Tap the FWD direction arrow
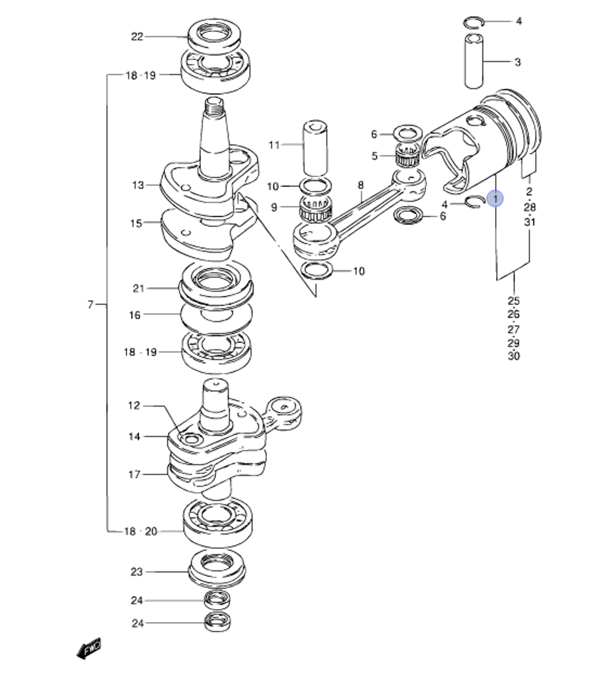click(x=89, y=648)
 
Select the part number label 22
click(x=137, y=37)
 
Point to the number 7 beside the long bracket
click(x=90, y=305)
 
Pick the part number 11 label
click(x=274, y=145)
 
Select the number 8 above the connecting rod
click(x=361, y=186)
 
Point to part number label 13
click(x=138, y=186)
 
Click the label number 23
click(x=137, y=572)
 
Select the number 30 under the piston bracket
click(x=514, y=356)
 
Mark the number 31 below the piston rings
click(x=529, y=222)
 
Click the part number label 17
click(x=134, y=474)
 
